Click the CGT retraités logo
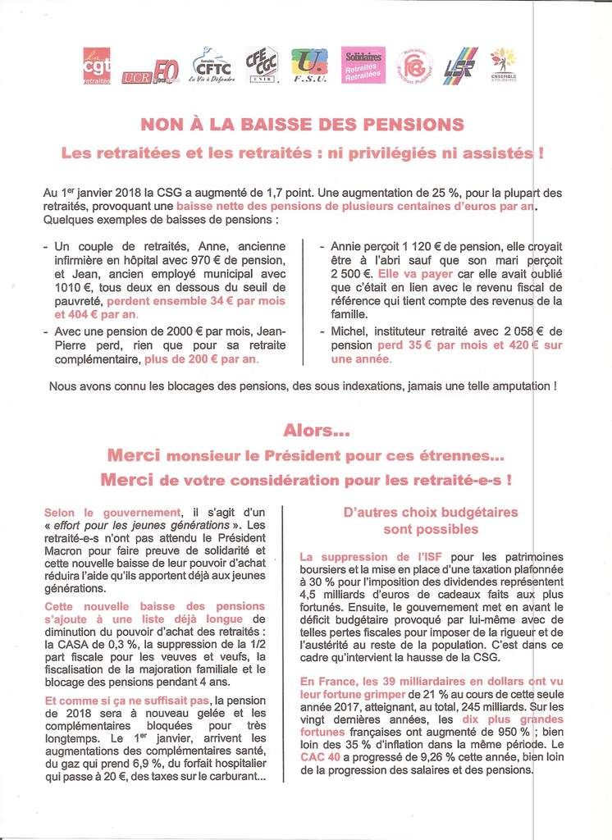[x=97, y=66]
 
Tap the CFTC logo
[x=212, y=65]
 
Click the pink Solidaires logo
[x=362, y=65]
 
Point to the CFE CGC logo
[x=262, y=65]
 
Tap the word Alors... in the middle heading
[x=305, y=430]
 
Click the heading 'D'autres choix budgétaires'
[x=431, y=512]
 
